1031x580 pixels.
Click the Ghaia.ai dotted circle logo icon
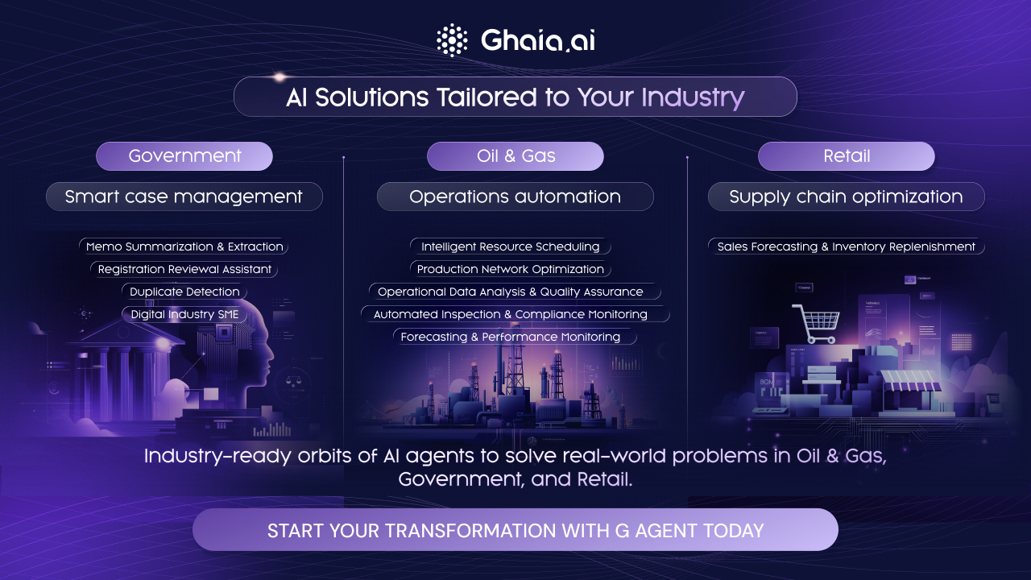point(452,40)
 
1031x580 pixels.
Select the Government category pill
point(184,156)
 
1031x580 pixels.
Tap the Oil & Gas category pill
point(515,156)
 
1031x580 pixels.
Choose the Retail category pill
point(847,156)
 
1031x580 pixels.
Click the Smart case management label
point(184,197)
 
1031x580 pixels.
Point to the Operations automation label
point(515,197)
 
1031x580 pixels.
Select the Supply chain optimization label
point(846,197)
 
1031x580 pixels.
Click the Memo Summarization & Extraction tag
point(184,246)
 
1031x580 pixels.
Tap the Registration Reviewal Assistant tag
point(184,269)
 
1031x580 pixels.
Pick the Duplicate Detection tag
point(184,292)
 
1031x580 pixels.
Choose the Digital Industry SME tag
point(184,314)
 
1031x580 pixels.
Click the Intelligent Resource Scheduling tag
point(511,246)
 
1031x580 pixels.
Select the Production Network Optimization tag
point(511,269)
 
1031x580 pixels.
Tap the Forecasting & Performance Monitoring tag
point(515,337)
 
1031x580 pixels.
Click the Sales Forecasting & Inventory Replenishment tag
point(846,246)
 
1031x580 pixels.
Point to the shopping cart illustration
point(817,323)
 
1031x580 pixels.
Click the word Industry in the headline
point(693,97)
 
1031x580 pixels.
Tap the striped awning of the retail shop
point(909,380)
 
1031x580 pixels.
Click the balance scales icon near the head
point(292,381)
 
